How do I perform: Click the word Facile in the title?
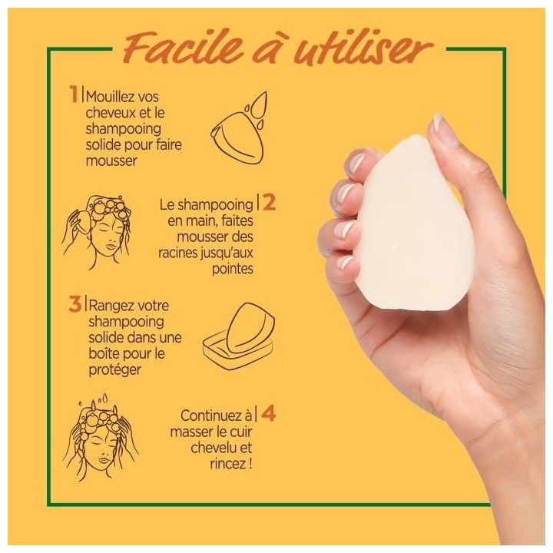click(183, 48)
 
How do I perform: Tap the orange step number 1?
click(74, 94)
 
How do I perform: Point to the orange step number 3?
click(75, 303)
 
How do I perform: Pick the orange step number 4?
click(268, 412)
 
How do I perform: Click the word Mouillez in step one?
click(108, 97)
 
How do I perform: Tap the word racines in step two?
click(177, 253)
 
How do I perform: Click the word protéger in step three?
click(115, 370)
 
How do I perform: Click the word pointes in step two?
click(233, 269)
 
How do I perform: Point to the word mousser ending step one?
click(111, 161)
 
